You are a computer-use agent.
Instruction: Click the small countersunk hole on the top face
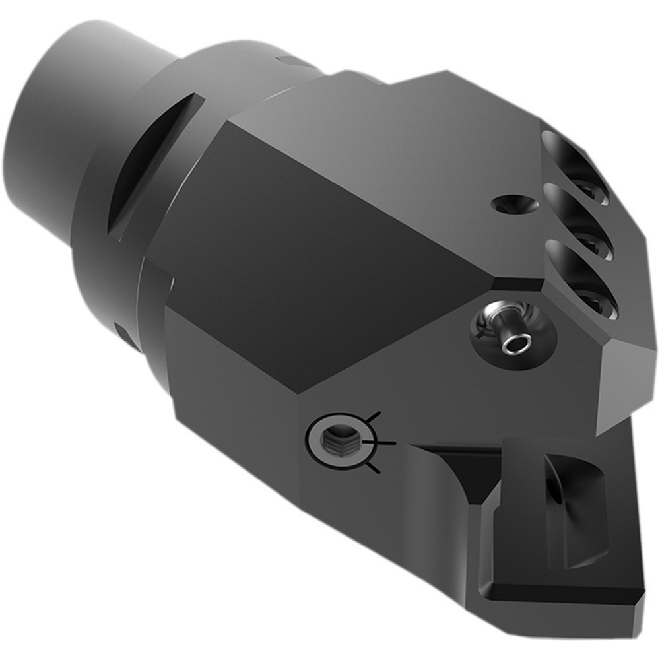click(511, 205)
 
